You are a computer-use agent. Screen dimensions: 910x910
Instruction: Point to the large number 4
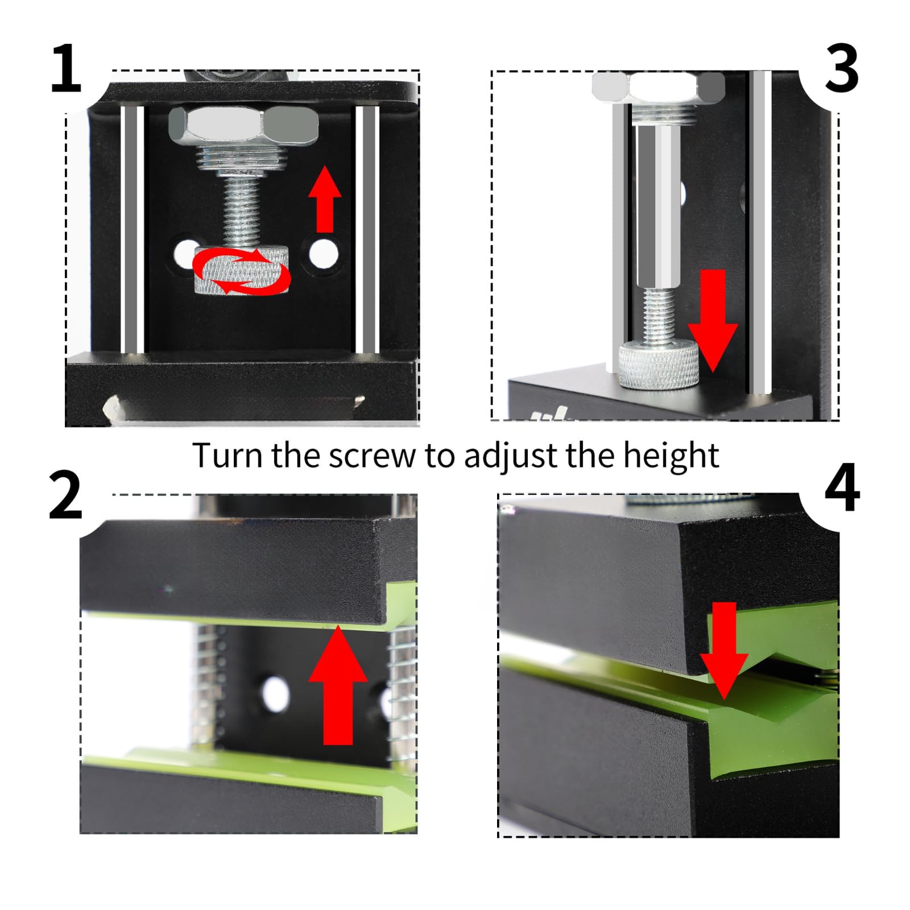click(842, 487)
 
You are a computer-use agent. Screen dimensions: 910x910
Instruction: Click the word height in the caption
click(671, 455)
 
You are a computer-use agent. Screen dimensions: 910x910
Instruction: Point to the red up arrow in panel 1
click(324, 199)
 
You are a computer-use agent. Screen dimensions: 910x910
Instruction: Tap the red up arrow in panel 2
click(338, 685)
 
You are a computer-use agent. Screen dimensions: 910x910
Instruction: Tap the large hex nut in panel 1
click(243, 126)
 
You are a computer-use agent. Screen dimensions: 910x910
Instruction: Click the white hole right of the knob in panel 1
click(323, 254)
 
